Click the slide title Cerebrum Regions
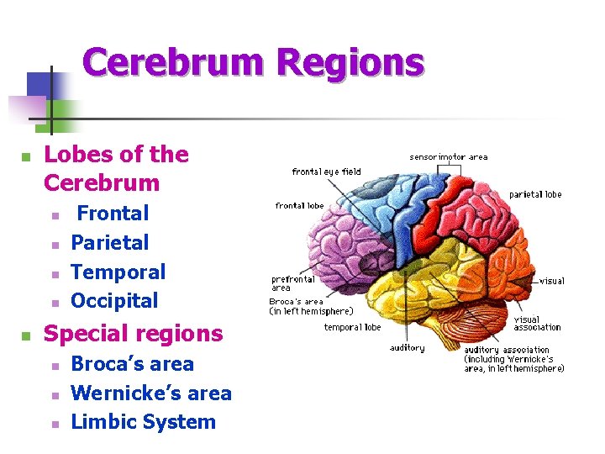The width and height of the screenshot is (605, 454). (253, 64)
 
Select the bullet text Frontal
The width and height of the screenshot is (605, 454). (113, 214)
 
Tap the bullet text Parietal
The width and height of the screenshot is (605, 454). (110, 243)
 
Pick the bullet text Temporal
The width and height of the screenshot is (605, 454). (118, 272)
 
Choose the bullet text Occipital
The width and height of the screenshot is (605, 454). (114, 300)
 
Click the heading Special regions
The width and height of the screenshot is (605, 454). (133, 334)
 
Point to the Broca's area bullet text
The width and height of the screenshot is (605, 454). (132, 364)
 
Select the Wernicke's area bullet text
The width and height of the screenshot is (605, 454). (151, 393)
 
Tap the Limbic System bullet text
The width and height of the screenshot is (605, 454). (143, 422)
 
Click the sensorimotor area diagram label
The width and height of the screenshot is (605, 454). (448, 157)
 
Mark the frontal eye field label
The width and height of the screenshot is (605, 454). (326, 172)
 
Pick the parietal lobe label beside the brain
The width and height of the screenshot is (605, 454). (534, 194)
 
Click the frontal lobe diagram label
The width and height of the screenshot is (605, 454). (299, 206)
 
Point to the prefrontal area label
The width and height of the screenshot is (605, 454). (292, 283)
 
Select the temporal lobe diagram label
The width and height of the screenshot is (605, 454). (352, 328)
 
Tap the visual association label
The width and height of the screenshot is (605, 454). (537, 324)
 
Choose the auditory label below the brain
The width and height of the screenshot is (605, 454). (408, 348)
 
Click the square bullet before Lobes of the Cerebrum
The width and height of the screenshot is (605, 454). (26, 157)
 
